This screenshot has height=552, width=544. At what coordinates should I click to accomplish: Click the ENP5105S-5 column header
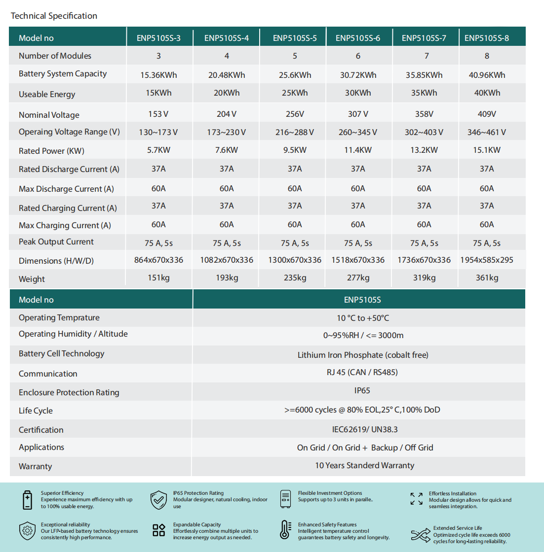[295, 38]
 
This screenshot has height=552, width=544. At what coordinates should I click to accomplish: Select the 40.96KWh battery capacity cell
[487, 75]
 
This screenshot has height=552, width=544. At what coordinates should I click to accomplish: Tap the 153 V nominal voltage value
[158, 114]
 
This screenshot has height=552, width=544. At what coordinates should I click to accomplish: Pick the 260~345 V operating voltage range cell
[358, 132]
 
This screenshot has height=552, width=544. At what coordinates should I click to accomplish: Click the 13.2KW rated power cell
[424, 150]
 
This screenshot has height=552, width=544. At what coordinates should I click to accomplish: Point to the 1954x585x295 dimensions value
[487, 260]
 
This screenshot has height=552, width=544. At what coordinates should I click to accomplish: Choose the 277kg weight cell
[358, 277]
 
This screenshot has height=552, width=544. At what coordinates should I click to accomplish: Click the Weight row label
[32, 279]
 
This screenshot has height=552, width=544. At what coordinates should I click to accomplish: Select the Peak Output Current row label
[56, 241]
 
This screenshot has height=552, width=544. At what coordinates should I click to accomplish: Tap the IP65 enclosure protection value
[362, 390]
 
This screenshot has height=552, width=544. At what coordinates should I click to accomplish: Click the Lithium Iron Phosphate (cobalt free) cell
[363, 355]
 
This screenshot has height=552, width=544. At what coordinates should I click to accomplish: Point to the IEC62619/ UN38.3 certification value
[365, 429]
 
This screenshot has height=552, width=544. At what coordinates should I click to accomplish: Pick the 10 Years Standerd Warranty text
[365, 465]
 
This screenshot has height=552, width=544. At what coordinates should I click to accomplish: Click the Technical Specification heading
[54, 16]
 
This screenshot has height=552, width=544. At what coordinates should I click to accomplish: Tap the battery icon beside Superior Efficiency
[28, 499]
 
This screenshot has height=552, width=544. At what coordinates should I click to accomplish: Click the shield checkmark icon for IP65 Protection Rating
[158, 499]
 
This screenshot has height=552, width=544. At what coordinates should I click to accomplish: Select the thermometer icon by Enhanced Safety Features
[285, 530]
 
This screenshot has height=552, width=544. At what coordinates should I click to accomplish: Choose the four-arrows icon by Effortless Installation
[417, 499]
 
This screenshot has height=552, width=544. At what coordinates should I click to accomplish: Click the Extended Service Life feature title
[458, 528]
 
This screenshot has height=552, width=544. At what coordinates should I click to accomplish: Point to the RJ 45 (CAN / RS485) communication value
[362, 372]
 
